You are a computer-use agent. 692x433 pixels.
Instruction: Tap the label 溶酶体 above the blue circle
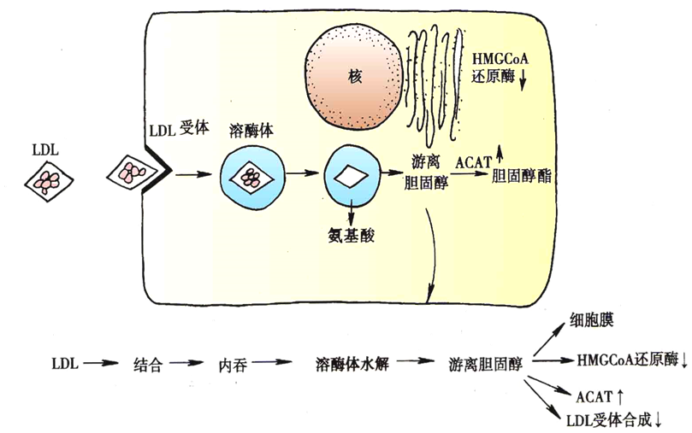click(x=251, y=131)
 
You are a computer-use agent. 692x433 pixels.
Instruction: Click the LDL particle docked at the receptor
click(x=132, y=173)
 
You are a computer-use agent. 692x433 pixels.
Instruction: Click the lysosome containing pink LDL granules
click(x=252, y=175)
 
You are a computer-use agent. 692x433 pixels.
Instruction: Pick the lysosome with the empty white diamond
click(x=352, y=176)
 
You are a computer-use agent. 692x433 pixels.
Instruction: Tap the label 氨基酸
click(x=352, y=236)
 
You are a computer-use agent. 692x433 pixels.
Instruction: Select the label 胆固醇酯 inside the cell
click(x=521, y=176)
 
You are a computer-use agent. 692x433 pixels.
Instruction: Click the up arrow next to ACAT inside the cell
click(x=500, y=155)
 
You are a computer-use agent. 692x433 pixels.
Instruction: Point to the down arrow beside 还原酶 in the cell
click(x=523, y=80)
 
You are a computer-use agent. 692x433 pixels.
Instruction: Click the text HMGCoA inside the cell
click(x=500, y=59)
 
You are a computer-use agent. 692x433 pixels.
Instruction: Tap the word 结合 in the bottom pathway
click(x=148, y=365)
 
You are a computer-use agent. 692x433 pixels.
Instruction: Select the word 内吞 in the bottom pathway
click(x=233, y=365)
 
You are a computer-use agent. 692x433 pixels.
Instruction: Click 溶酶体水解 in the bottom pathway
click(x=352, y=364)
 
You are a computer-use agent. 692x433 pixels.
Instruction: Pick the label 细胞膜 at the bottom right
click(x=591, y=320)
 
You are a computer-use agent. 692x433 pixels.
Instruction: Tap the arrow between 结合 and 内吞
click(x=186, y=363)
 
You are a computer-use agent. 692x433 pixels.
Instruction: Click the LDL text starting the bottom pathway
click(x=65, y=364)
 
